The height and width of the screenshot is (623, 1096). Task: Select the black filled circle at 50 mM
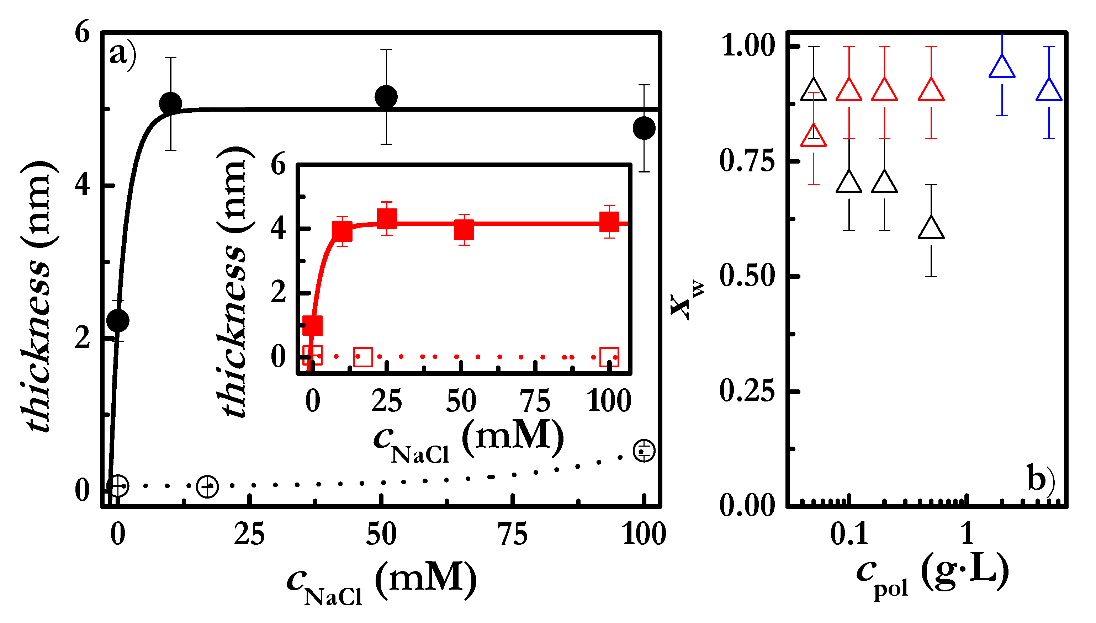(x=386, y=97)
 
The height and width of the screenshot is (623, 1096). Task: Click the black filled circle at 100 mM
(x=644, y=128)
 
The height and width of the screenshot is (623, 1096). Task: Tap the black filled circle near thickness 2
(x=117, y=320)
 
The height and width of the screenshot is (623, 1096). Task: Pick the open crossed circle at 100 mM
(x=644, y=451)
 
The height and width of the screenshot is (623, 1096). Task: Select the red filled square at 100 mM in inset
(x=609, y=222)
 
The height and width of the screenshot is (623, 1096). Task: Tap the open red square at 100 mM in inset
(x=609, y=357)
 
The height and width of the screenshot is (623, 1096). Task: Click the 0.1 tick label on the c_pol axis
(x=849, y=534)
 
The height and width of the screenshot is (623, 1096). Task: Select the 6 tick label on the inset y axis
(x=278, y=165)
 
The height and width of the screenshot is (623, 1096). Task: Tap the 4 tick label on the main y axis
(x=82, y=186)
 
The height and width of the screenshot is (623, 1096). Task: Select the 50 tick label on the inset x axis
(x=461, y=401)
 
